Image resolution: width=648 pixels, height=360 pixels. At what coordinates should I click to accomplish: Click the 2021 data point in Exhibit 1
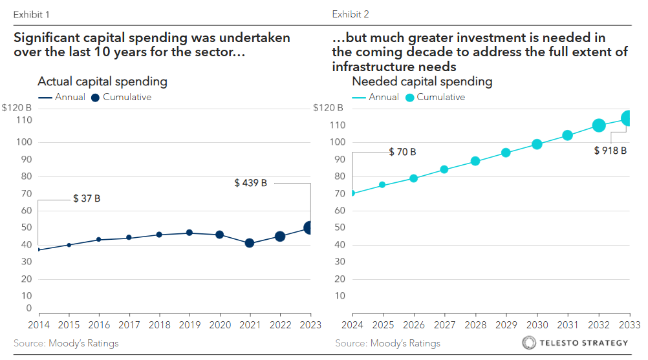tap(249, 243)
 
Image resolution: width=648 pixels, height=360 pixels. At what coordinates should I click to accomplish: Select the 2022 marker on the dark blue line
tap(279, 237)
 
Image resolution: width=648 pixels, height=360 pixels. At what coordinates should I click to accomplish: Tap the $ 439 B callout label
tap(250, 183)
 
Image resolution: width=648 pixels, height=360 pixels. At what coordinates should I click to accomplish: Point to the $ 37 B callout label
tap(86, 198)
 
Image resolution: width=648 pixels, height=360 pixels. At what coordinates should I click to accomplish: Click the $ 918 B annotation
tap(610, 151)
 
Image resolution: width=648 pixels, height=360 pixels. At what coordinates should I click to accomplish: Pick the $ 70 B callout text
tap(402, 152)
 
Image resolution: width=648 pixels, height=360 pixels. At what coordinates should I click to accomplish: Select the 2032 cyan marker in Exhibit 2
tap(599, 125)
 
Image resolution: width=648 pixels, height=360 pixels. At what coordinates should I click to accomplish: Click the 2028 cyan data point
tap(475, 161)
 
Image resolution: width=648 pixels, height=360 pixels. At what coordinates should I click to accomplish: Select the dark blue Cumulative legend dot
tap(95, 98)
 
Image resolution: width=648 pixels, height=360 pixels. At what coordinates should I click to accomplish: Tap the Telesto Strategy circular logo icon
tap(528, 343)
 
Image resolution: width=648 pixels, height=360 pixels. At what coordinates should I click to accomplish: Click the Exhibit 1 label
tap(31, 14)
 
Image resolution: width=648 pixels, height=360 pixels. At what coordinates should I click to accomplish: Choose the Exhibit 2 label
tap(351, 14)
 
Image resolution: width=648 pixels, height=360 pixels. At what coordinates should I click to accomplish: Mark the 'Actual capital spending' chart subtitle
tap(102, 81)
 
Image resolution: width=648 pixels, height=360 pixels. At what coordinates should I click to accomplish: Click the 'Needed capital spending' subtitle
tap(422, 81)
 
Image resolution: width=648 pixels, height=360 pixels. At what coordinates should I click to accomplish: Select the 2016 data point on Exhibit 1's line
tap(98, 239)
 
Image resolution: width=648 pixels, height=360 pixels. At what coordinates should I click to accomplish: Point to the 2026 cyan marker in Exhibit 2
tap(413, 178)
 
